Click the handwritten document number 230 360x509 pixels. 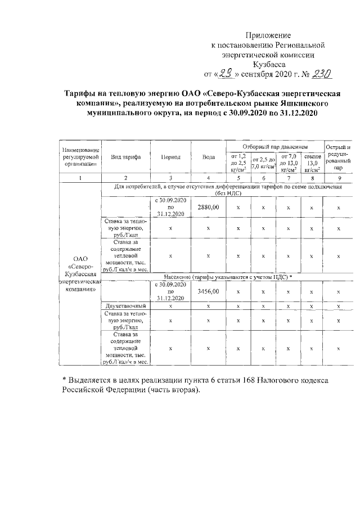click(x=325, y=74)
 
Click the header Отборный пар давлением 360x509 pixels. click(x=274, y=146)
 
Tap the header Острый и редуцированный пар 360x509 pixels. click(x=338, y=157)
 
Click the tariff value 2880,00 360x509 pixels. click(x=209, y=208)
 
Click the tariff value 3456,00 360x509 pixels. click(x=209, y=292)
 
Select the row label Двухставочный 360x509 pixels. click(x=125, y=306)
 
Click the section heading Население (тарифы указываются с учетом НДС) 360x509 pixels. click(x=230, y=277)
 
